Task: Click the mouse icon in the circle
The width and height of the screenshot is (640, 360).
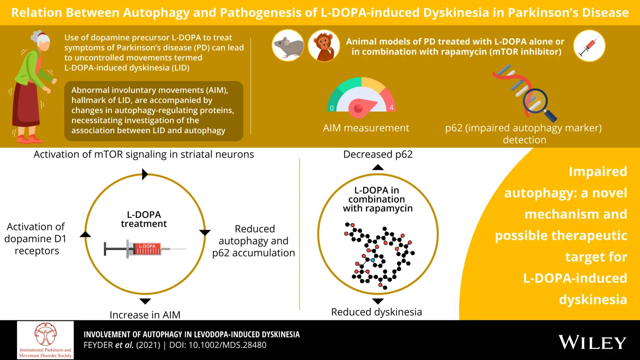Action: coord(288,45)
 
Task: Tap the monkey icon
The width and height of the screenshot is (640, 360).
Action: coord(324,45)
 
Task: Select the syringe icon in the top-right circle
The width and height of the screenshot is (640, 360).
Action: coord(589,46)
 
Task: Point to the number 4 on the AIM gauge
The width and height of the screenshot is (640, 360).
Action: coord(391,108)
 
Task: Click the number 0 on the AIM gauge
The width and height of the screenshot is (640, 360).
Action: coord(332,108)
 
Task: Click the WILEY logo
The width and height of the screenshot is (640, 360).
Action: coord(592,343)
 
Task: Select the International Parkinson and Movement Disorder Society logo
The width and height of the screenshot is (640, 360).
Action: coord(45,340)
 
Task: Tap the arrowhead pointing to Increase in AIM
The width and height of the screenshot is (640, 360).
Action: coord(145,301)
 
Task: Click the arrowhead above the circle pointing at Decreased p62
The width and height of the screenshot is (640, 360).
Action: coord(378,167)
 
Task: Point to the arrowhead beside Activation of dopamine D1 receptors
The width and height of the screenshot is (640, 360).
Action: coord(85,234)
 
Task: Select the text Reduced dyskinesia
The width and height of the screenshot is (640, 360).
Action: coord(376,312)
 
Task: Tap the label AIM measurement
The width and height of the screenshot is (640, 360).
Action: coord(366,128)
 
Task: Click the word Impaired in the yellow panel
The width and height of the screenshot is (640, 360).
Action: coord(597,171)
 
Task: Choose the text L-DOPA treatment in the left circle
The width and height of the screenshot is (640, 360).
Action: coord(144,219)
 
